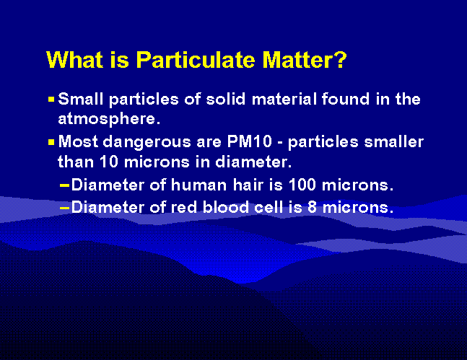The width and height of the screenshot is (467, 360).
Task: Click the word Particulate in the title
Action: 196,60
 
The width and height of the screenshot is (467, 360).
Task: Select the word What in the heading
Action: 75,60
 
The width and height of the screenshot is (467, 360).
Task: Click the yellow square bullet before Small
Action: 51,99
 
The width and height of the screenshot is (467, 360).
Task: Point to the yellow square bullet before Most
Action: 51,142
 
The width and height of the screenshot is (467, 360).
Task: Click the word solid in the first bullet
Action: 225,99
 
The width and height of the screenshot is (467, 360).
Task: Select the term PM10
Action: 250,141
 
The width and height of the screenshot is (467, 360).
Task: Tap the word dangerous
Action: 147,142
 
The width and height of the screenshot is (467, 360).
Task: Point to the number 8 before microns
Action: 312,207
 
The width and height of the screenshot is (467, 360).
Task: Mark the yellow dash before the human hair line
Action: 64,186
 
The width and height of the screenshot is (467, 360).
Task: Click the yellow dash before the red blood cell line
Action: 64,208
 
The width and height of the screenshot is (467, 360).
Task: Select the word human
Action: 198,185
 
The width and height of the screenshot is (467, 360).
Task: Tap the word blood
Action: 225,206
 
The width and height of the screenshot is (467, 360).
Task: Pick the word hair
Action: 248,185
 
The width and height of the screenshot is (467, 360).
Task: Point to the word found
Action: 346,99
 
